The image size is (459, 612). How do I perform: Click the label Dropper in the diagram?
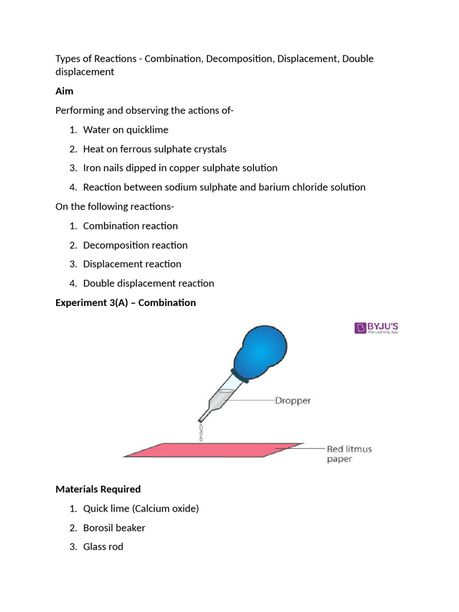click(x=292, y=400)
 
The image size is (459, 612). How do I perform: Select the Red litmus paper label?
click(x=348, y=454)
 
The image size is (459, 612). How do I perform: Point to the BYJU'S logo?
click(x=377, y=328)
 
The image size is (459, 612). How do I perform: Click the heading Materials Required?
click(x=98, y=489)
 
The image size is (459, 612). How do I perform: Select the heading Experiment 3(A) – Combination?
click(x=126, y=302)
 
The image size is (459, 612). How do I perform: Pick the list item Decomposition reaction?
click(x=135, y=245)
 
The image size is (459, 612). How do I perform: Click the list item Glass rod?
click(x=103, y=546)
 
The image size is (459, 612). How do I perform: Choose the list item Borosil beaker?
click(x=114, y=527)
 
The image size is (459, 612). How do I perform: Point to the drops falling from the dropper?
click(x=201, y=432)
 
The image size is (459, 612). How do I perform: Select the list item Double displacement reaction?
click(x=148, y=283)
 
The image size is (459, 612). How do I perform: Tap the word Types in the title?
click(x=68, y=59)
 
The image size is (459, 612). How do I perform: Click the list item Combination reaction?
click(x=130, y=226)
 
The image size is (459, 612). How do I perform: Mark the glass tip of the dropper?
click(x=205, y=414)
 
